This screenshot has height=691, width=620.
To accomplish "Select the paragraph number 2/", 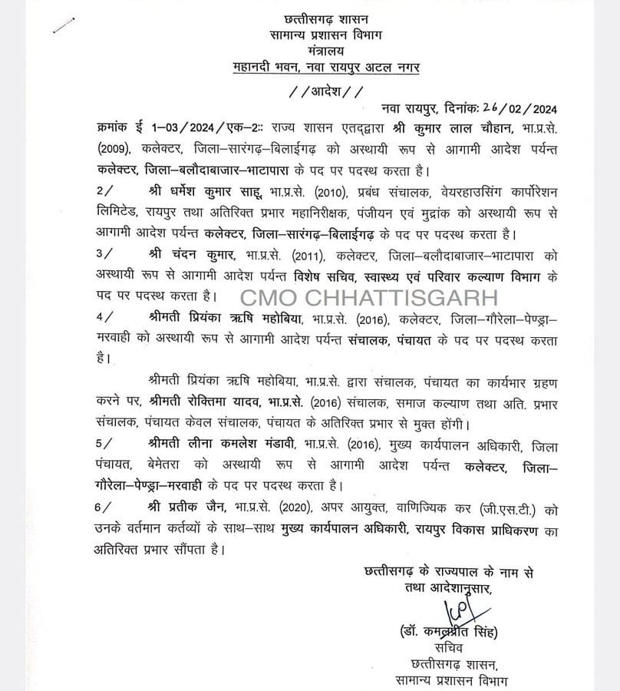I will (x=107, y=190).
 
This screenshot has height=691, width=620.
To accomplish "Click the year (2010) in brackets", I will (x=305, y=190).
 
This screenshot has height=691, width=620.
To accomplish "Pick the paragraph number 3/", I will (x=107, y=253).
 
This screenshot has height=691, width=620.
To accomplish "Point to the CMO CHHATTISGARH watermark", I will (x=371, y=296).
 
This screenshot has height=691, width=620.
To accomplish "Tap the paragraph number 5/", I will (x=107, y=444).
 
